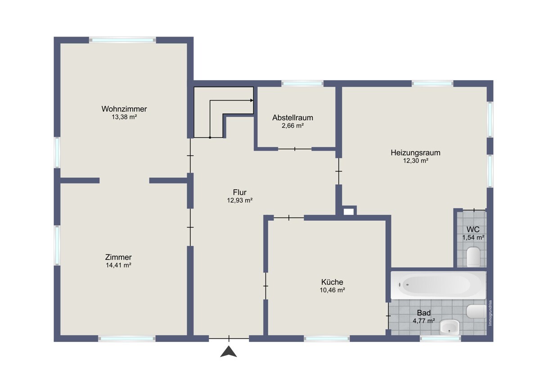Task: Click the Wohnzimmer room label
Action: click(124, 109)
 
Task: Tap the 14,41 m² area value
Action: click(118, 265)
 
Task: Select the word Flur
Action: click(239, 192)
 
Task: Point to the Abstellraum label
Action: click(292, 118)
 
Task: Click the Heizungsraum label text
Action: click(416, 153)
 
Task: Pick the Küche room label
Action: click(332, 282)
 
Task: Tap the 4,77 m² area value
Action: click(424, 321)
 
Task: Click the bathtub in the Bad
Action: click(438, 285)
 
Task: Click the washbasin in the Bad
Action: click(450, 327)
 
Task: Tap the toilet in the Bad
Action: click(476, 312)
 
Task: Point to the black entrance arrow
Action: click(229, 351)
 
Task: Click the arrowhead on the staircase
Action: click(252, 100)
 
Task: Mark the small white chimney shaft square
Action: click(349, 212)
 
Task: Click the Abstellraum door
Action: click(295, 149)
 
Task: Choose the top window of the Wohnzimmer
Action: click(122, 40)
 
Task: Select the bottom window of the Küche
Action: click(327, 339)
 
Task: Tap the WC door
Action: click(474, 210)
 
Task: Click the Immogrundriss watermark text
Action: click(490, 313)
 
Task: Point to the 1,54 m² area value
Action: click(473, 237)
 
